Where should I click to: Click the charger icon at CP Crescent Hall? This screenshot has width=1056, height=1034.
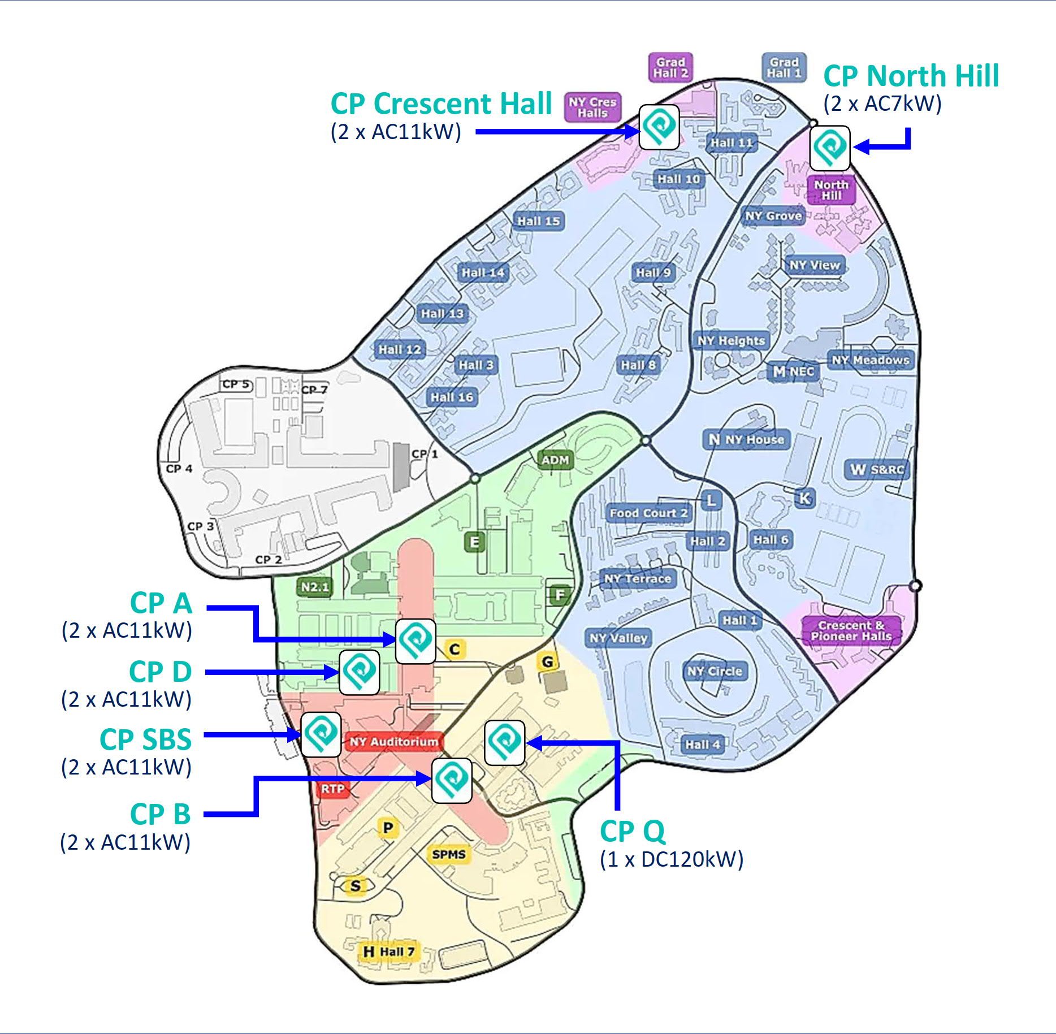(x=659, y=127)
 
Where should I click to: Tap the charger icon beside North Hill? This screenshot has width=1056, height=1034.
(x=829, y=148)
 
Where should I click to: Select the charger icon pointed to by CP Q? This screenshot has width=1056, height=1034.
(x=504, y=743)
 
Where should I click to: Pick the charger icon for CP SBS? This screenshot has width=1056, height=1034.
(x=321, y=734)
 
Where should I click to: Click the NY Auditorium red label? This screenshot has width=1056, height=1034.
(x=393, y=741)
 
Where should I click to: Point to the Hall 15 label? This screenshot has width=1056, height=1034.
(x=538, y=221)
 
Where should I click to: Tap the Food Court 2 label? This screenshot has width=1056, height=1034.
(x=648, y=513)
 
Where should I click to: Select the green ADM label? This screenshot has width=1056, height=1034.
(x=555, y=460)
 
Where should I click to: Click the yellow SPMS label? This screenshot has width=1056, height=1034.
(x=449, y=854)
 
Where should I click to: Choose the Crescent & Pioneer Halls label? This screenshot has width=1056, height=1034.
(x=851, y=631)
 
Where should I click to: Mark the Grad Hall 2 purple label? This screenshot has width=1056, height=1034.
(x=670, y=68)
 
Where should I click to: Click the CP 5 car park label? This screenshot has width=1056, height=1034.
(x=235, y=384)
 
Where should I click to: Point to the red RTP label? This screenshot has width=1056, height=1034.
(x=332, y=789)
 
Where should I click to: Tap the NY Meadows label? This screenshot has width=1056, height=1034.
(x=870, y=360)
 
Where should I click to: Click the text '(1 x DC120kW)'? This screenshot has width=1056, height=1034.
(x=671, y=859)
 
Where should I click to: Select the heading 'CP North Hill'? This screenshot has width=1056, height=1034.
(x=911, y=76)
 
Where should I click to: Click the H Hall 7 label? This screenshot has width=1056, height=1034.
(x=389, y=952)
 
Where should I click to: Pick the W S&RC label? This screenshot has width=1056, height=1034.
(x=877, y=469)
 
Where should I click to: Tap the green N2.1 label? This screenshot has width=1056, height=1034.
(x=314, y=587)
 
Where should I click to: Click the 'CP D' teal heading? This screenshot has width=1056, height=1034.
(x=161, y=672)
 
